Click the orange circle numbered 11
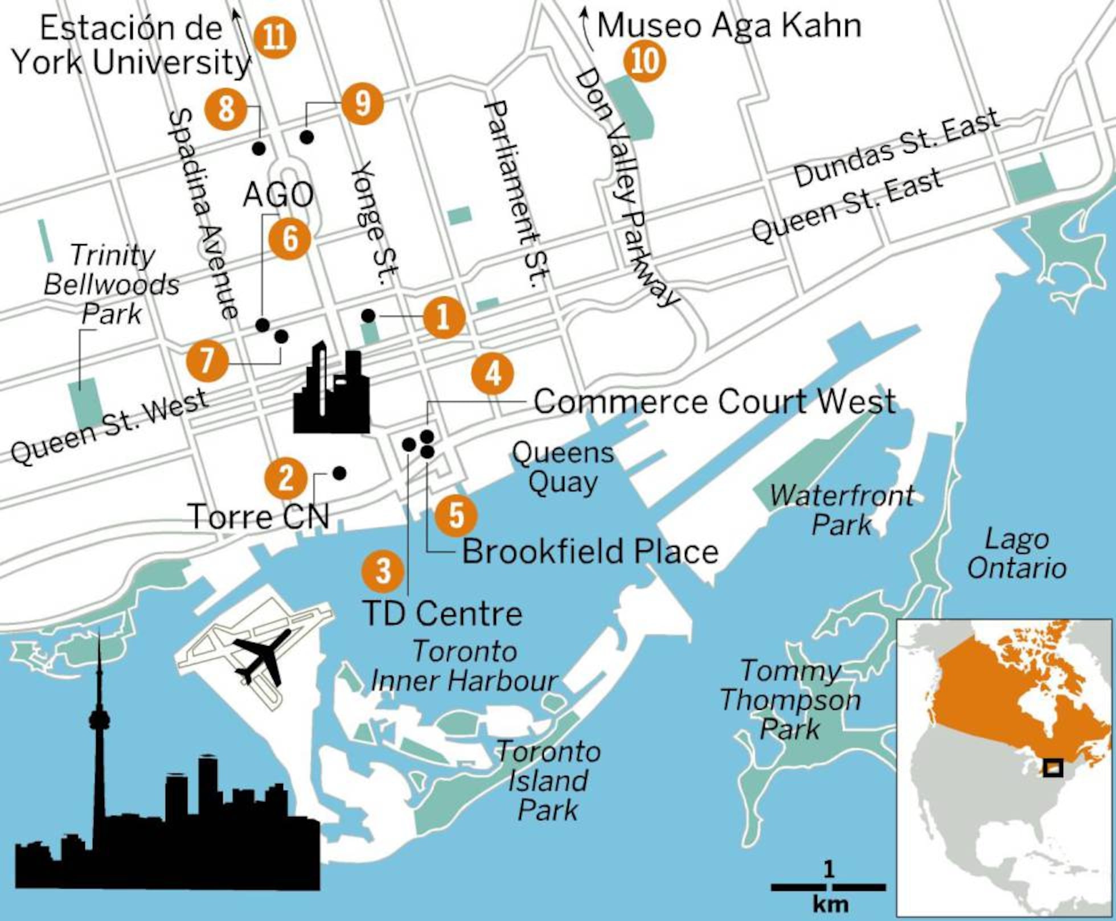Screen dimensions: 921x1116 (x=275, y=38)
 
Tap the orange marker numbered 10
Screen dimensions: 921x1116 (x=645, y=61)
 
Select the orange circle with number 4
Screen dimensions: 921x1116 (x=493, y=373)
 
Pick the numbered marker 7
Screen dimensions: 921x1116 (x=207, y=360)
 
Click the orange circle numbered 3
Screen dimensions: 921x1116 (x=383, y=570)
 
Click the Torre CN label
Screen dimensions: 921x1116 (x=259, y=517)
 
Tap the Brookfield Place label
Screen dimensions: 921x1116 (x=590, y=552)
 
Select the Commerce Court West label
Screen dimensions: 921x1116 (x=715, y=401)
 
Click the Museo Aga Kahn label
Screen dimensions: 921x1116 (x=729, y=26)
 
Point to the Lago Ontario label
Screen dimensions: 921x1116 (x=1017, y=554)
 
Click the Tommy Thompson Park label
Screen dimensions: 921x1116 (x=790, y=700)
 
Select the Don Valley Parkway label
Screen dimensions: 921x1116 (x=626, y=188)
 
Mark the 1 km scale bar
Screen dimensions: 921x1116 (x=828, y=887)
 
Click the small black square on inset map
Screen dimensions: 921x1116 (x=1053, y=767)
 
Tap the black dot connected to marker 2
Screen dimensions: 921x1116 (x=339, y=472)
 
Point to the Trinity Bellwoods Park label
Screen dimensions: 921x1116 (x=112, y=284)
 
